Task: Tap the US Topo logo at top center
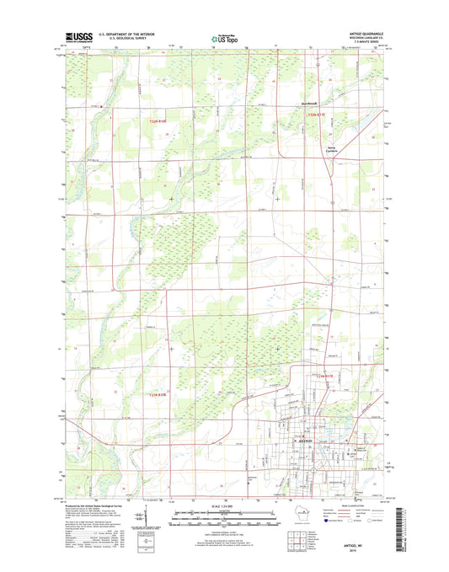click(x=224, y=37)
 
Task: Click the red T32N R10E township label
click(x=153, y=122)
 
